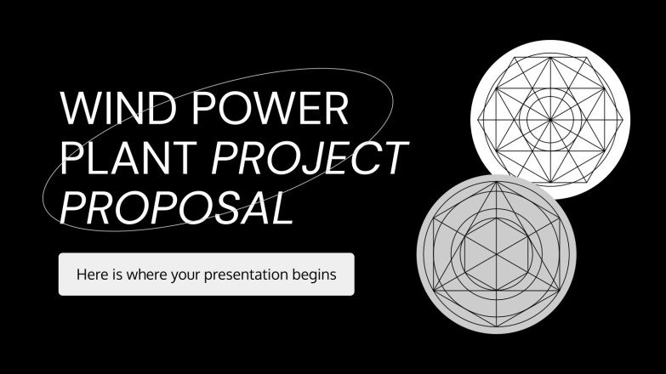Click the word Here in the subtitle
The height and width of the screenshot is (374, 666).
pyautogui.click(x=91, y=275)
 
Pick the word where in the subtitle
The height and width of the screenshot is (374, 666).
pyautogui.click(x=145, y=275)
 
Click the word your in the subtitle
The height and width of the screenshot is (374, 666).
pyautogui.click(x=185, y=275)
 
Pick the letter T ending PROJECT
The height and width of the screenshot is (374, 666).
pyautogui.click(x=393, y=159)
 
